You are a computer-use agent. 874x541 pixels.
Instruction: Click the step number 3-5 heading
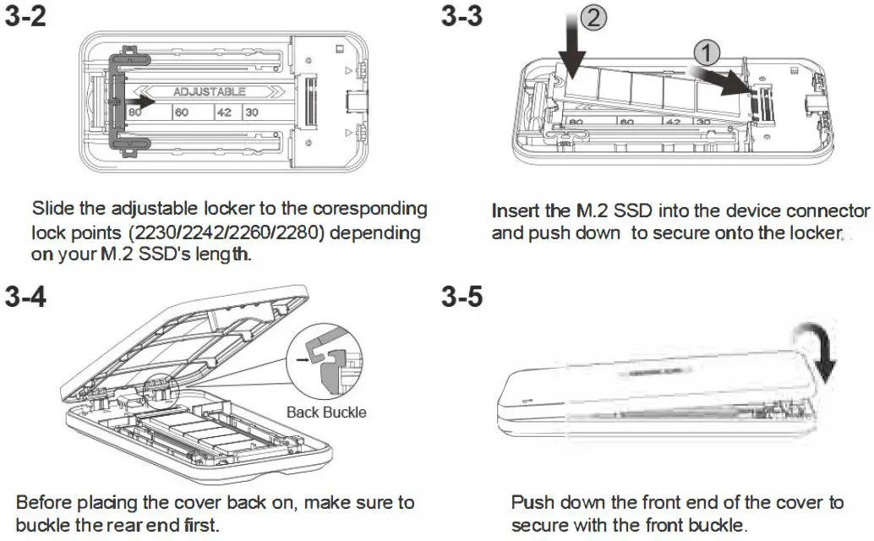(462, 297)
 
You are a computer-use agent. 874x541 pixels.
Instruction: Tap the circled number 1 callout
(707, 53)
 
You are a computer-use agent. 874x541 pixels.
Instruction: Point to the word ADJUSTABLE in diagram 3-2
(209, 91)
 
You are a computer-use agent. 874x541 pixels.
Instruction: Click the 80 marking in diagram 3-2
(134, 112)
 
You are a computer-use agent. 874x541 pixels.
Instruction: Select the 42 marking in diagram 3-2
(221, 112)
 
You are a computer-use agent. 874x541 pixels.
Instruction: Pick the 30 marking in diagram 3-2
(251, 112)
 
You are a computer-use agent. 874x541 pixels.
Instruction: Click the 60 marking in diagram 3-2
(181, 112)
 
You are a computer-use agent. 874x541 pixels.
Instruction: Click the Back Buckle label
(326, 413)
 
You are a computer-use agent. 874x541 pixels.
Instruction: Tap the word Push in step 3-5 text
(533, 503)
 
